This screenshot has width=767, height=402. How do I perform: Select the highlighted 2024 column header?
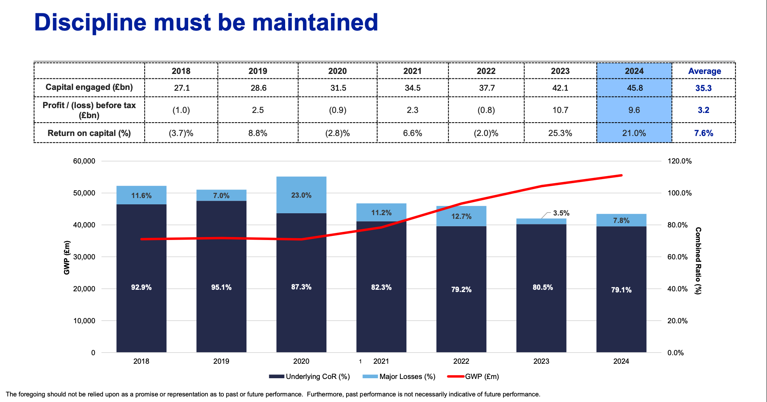pos(634,71)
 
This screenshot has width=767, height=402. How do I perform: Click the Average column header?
pos(704,71)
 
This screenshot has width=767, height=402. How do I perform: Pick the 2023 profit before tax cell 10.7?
pos(560,110)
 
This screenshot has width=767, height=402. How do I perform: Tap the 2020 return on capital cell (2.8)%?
pos(337,133)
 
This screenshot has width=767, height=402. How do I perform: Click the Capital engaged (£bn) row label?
pos(89,87)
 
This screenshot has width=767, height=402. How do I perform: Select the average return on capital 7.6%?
pos(703,133)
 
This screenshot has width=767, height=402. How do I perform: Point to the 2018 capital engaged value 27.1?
pos(181,88)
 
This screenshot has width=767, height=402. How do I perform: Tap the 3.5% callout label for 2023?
pos(561,213)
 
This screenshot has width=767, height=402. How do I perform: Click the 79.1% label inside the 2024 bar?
pos(621,290)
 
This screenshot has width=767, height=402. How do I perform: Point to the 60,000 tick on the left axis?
pos(84,161)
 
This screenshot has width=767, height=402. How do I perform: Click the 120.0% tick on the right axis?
pos(679,161)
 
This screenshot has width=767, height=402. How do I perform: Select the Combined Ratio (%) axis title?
pos(698,261)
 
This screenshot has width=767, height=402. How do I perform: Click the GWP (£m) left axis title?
pos(67,257)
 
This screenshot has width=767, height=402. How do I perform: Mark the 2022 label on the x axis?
pos(461,361)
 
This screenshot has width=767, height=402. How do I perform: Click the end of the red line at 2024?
pos(621,175)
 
